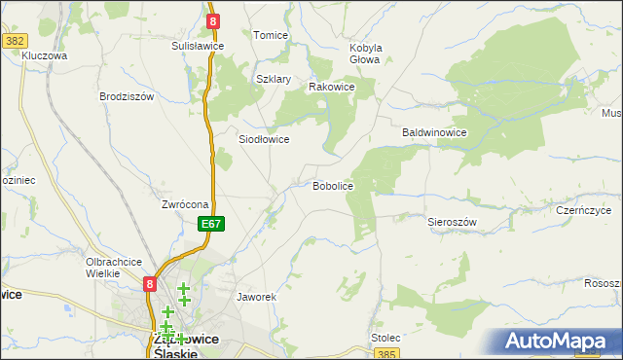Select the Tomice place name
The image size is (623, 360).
pos(271,35)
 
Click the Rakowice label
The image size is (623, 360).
pos(331,87)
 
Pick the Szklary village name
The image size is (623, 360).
pos(274,80)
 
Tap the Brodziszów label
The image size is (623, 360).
pos(128,96)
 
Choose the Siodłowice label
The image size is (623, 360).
pos(264,139)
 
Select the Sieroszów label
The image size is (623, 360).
pos(452,222)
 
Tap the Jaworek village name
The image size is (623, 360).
pos(258,296)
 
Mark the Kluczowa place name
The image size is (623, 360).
pos(44,55)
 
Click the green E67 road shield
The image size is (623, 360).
pos(213,224)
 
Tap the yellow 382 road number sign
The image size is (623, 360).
pos(15,41)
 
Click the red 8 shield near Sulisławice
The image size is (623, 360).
pos(213,19)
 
